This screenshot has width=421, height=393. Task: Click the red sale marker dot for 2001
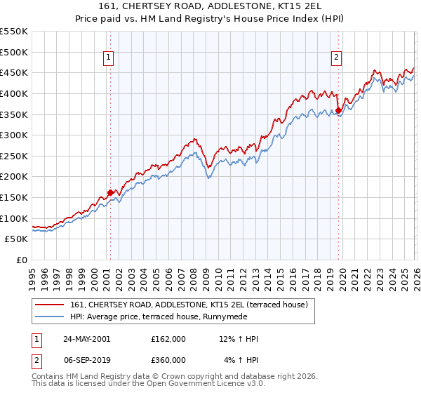click(110, 192)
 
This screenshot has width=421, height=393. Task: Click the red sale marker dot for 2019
click(338, 110)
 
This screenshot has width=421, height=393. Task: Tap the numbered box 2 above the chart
click(337, 58)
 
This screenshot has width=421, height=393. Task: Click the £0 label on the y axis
click(21, 260)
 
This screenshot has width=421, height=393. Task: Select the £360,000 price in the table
click(168, 360)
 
